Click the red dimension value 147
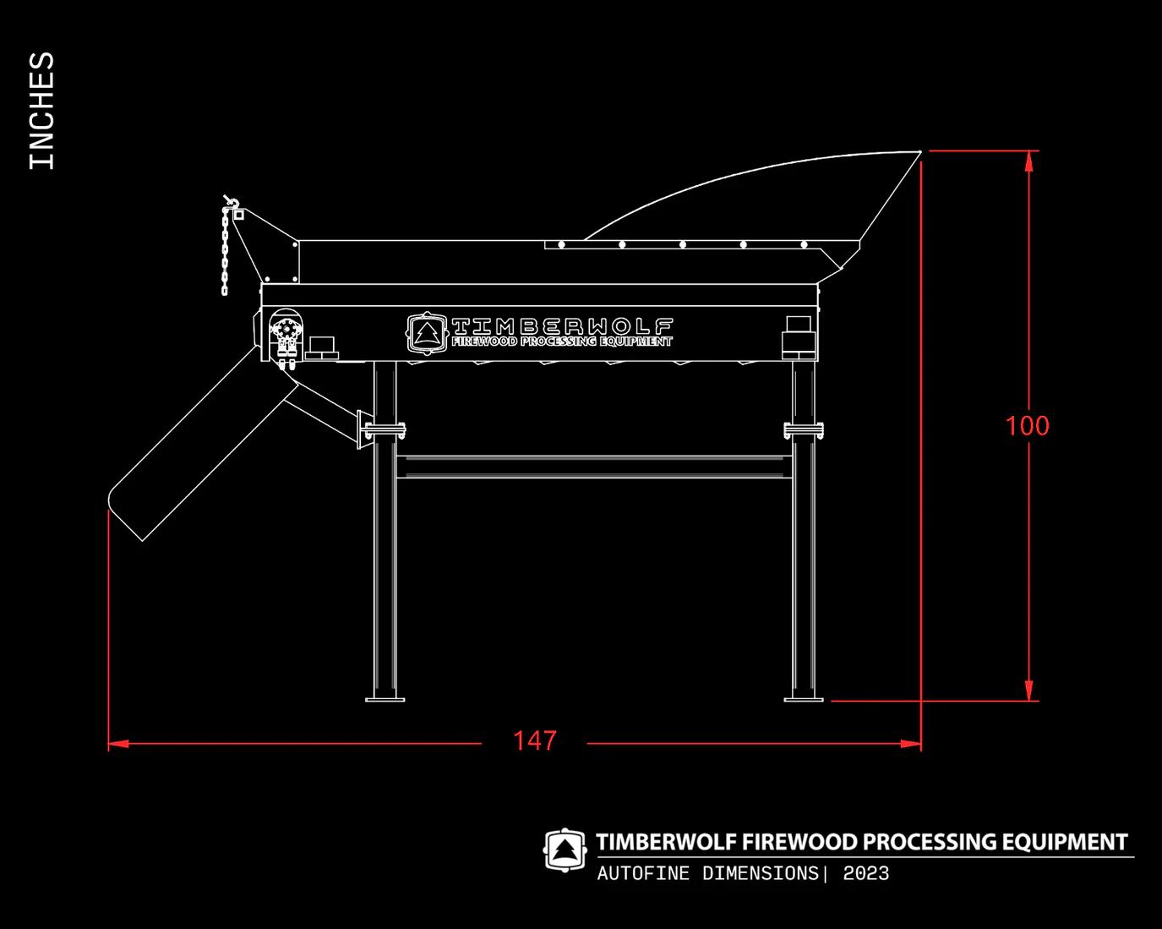[534, 741]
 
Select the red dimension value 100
[1027, 425]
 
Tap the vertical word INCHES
[41, 111]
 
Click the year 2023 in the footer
[865, 874]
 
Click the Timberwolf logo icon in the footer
[565, 850]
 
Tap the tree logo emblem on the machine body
[425, 332]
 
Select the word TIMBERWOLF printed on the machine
[562, 326]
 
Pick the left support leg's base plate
[385, 698]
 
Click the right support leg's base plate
[804, 698]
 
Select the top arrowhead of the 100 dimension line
[1028, 161]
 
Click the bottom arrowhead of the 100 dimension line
[1028, 691]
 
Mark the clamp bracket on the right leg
[804, 430]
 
